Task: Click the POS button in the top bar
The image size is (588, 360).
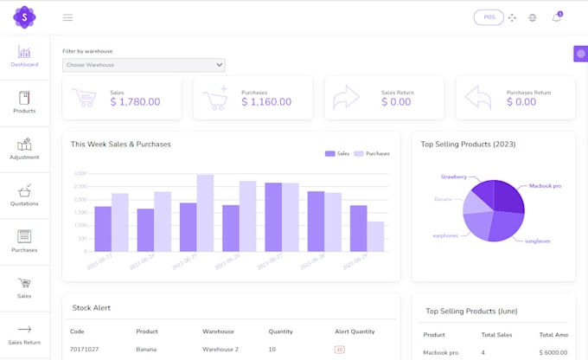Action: coord(489,17)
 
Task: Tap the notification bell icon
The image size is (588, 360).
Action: coord(556,17)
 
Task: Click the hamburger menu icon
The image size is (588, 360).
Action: coord(67,17)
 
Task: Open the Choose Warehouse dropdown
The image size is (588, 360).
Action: coord(144,65)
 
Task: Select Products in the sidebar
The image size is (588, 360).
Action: coord(24,102)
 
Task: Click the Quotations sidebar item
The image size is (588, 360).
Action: coord(24,195)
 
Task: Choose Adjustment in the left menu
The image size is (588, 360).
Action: coord(24,149)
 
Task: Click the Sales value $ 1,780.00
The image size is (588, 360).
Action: coord(135,102)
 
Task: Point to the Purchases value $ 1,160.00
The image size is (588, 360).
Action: coord(267,102)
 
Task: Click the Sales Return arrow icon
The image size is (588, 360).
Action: coord(346,97)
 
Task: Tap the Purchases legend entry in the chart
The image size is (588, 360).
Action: coord(372,153)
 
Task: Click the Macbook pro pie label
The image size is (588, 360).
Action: coord(545,186)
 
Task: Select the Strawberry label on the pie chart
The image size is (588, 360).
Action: coord(453,177)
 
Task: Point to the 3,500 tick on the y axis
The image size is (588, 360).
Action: coord(80,173)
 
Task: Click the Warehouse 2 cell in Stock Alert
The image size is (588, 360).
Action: coord(220,350)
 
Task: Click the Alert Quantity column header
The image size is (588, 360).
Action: coord(355,331)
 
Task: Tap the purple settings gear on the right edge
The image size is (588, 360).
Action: coord(580,54)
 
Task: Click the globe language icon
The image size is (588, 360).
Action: coord(533,17)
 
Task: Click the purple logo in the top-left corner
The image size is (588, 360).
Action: coord(24,17)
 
